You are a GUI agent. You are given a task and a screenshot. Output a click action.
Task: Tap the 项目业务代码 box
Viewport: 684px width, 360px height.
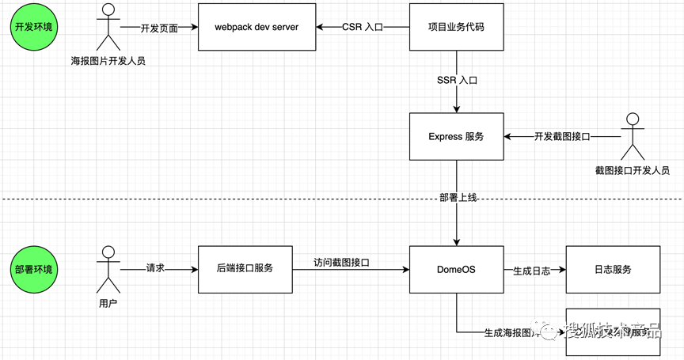click(x=456, y=28)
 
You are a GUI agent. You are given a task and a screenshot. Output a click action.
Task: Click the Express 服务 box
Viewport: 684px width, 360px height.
click(x=456, y=137)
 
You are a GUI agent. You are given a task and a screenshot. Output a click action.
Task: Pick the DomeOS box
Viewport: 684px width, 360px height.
click(x=456, y=270)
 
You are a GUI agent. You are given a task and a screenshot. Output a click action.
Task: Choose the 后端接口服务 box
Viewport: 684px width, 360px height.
click(x=245, y=270)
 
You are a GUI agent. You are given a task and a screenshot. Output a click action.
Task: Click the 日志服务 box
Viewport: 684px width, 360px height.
click(x=612, y=270)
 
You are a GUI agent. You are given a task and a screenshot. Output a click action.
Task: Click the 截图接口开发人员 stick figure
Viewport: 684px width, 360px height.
click(x=631, y=136)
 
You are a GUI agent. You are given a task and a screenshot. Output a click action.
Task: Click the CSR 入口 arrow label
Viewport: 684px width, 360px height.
click(x=363, y=28)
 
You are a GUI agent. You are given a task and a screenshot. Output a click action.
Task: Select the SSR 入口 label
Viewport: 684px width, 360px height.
click(x=457, y=81)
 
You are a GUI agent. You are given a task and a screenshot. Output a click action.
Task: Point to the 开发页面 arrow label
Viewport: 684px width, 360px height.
click(x=159, y=28)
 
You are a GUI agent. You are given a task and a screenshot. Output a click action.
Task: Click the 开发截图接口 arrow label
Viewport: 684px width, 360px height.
click(x=562, y=137)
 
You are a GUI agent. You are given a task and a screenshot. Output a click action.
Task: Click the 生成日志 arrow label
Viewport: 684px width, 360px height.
click(x=531, y=270)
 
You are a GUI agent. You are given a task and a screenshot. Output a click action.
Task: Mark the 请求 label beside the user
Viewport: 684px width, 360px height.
click(x=156, y=270)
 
